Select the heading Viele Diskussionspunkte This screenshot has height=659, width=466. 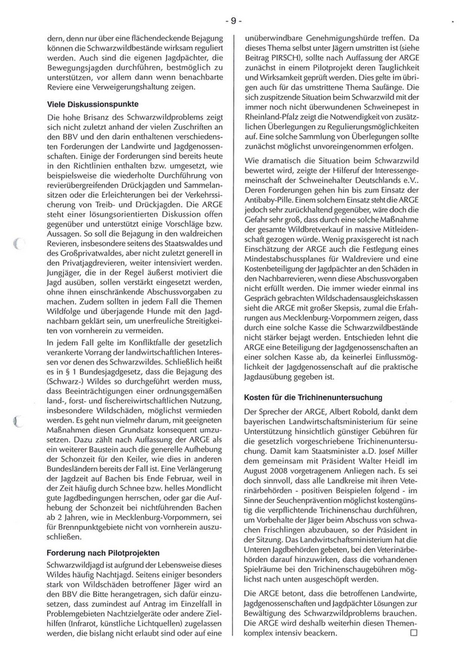click(x=93, y=105)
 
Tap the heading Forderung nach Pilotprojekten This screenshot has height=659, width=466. click(x=103, y=552)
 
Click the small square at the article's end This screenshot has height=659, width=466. click(x=413, y=632)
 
